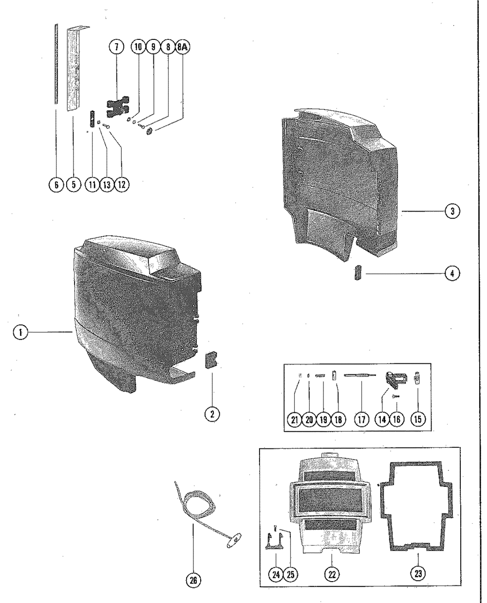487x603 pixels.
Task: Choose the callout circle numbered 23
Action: click(417, 574)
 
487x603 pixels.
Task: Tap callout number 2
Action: click(212, 414)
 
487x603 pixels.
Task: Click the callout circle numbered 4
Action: click(452, 273)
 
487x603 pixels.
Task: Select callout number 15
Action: click(417, 420)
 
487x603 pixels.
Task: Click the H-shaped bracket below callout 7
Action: click(119, 105)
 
